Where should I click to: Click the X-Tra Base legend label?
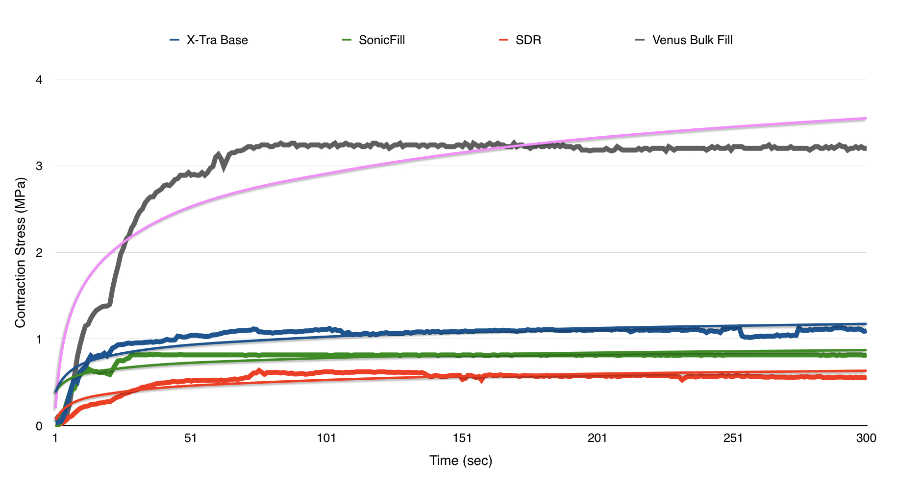click(x=217, y=40)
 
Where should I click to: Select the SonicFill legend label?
click(x=382, y=40)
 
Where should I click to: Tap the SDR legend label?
click(x=528, y=40)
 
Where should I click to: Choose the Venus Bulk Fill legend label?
click(x=692, y=40)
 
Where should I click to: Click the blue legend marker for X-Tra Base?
click(x=174, y=40)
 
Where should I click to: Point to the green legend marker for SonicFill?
click(x=347, y=40)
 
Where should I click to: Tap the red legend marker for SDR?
click(x=503, y=40)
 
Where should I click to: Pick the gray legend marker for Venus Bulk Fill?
click(x=640, y=40)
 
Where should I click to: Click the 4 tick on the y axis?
click(x=39, y=79)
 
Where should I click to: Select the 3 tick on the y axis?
click(x=39, y=166)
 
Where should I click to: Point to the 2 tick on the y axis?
click(x=39, y=253)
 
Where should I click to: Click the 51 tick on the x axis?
click(x=191, y=438)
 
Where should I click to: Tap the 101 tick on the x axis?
click(x=326, y=438)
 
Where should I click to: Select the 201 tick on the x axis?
click(x=598, y=438)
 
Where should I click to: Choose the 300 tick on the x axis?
click(x=866, y=438)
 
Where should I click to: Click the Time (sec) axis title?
click(x=461, y=461)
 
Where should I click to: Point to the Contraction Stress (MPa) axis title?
click(x=20, y=253)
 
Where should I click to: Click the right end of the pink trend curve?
click(x=866, y=118)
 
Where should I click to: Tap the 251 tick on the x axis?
click(x=733, y=438)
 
